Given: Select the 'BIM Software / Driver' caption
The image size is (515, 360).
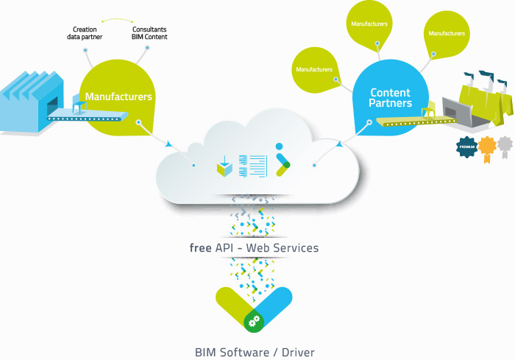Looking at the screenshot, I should (255, 353).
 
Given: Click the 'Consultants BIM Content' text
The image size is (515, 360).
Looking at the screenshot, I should (149, 33).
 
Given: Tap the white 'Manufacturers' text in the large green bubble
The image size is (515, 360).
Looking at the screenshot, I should (118, 96).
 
